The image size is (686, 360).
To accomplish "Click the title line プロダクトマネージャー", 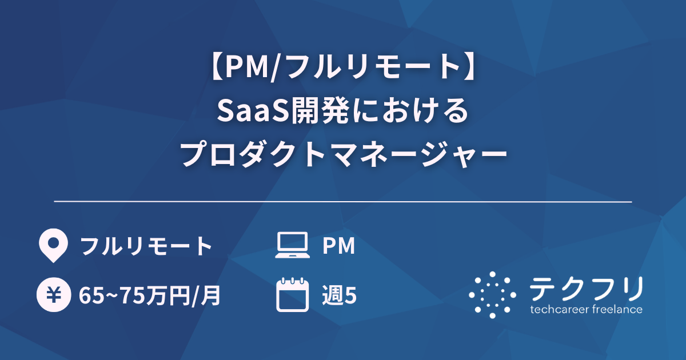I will pos(343,154).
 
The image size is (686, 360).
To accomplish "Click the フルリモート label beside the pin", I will pos(146,246).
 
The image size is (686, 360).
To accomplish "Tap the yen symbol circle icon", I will pos(53,295).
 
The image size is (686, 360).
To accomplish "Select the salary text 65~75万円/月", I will pos(150,295).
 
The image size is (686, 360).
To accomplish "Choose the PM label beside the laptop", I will pos(339,246).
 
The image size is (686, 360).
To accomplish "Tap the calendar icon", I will pos(292,295).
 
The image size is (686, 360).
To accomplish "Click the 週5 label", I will pos(340,295).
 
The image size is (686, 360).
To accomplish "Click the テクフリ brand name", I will pos(587,289).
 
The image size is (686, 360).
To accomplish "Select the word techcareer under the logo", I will pos(558,310).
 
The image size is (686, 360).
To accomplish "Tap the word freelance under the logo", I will pos(616,310).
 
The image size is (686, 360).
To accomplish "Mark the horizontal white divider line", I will pos(343,202).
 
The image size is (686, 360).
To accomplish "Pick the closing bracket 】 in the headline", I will pos(472,70).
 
